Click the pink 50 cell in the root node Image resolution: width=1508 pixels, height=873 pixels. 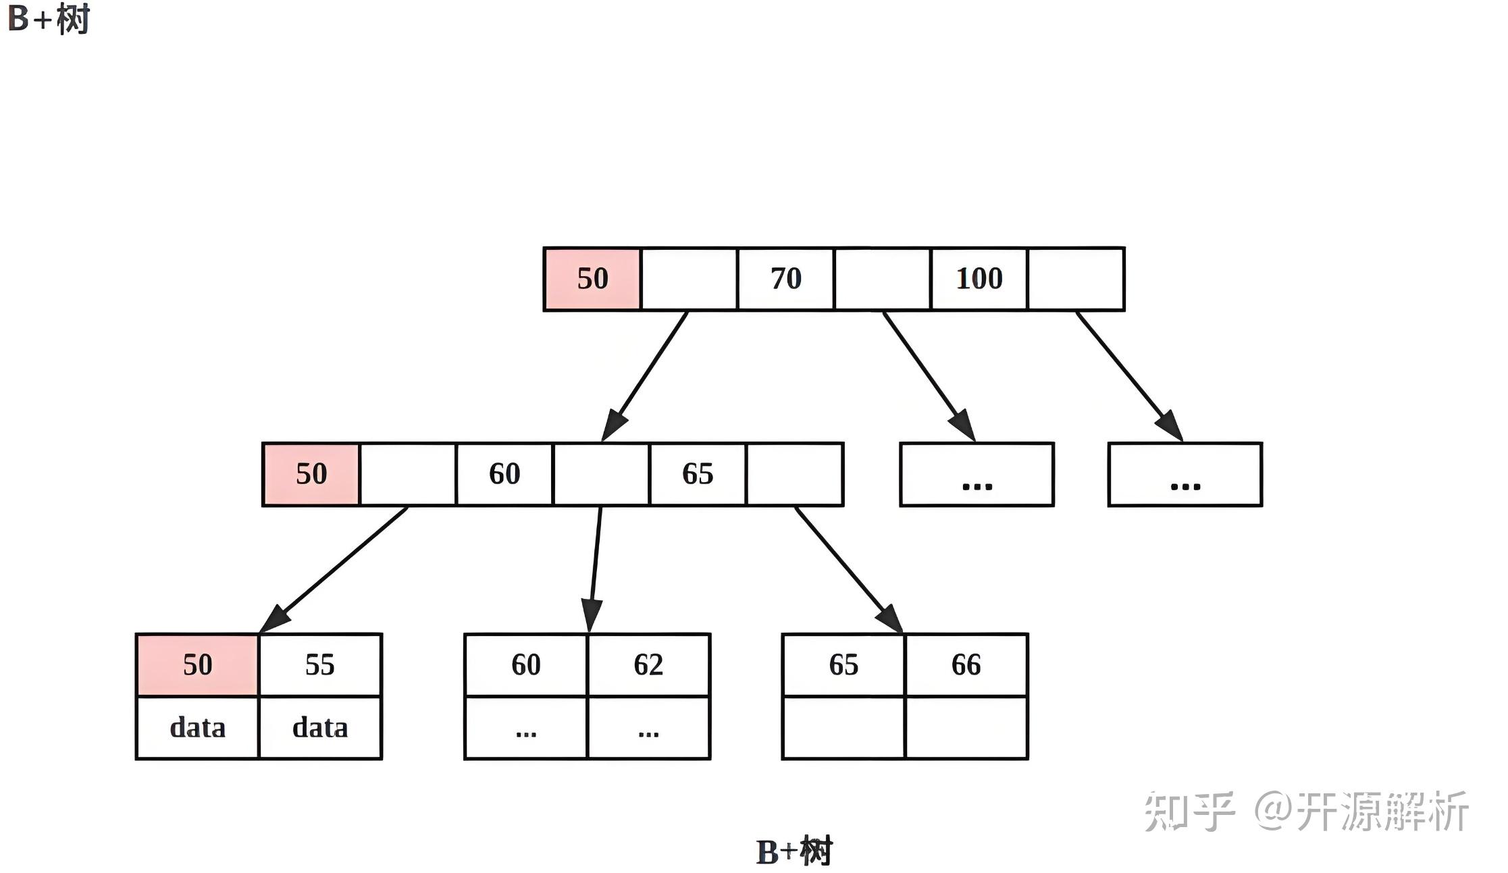tap(592, 279)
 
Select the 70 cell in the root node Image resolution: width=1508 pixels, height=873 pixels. tap(785, 279)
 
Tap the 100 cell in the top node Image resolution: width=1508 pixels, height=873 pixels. tap(979, 279)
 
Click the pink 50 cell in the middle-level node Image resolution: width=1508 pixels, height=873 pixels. tap(311, 474)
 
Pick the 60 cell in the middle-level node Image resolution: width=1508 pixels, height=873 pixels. tap(504, 474)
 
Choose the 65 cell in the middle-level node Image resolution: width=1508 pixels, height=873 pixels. tap(698, 474)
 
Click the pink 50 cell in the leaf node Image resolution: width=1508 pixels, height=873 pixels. tap(197, 665)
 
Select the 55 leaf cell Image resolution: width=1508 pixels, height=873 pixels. tap(320, 665)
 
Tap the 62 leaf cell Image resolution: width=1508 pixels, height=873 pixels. tap(649, 665)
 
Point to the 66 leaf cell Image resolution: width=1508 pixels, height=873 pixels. tap(966, 665)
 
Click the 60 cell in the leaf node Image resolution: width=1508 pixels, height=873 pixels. tap(526, 665)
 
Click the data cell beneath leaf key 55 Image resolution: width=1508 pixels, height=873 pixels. tap(320, 728)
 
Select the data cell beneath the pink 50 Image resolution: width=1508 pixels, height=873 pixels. tap(197, 728)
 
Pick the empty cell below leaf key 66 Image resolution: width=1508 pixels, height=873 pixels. tap(966, 728)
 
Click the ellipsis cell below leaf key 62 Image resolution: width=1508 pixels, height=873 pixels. tap(649, 728)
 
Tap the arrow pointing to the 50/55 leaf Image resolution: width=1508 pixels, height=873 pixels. tap(334, 570)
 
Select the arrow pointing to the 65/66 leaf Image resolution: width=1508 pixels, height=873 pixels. tap(849, 570)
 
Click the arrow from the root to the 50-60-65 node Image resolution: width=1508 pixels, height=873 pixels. tap(644, 376)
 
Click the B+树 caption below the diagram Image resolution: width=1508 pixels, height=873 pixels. tap(794, 851)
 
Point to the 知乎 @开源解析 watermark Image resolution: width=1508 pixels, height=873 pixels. tap(1306, 811)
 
